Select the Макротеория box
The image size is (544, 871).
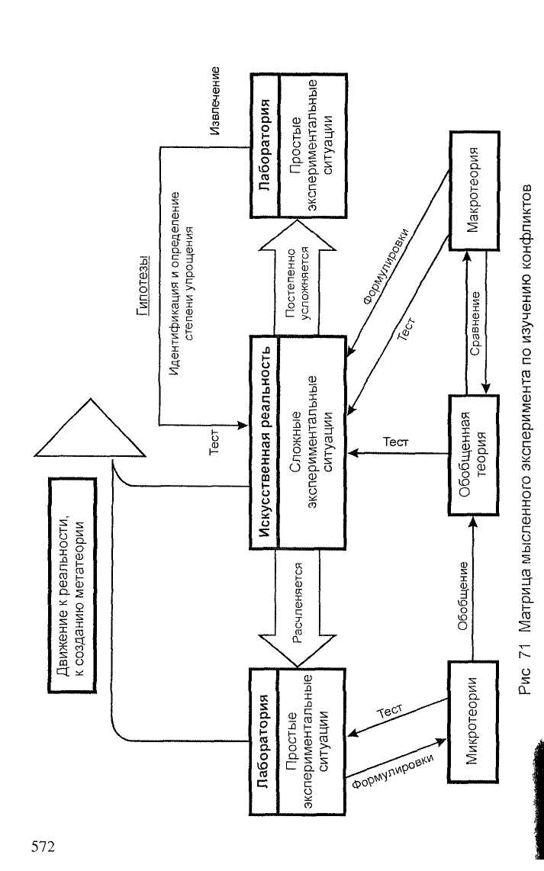point(473,190)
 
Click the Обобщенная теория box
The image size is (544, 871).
point(473,455)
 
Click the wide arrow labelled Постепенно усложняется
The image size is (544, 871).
point(298,278)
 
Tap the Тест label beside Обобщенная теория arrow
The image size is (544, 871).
point(396,442)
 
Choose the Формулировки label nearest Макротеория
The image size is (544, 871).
point(385,266)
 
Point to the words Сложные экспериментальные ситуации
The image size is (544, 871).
point(312,442)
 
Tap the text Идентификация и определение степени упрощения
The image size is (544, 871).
point(182,283)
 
